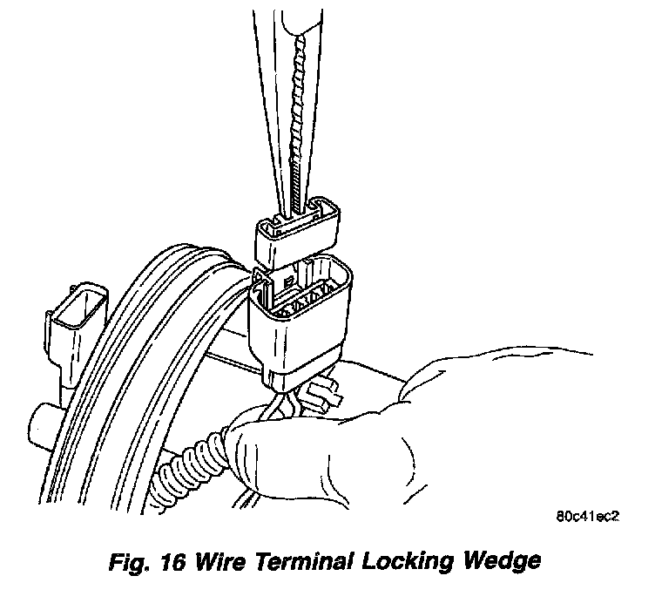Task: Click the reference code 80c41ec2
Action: click(x=585, y=515)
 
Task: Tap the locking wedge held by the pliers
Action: click(x=296, y=235)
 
